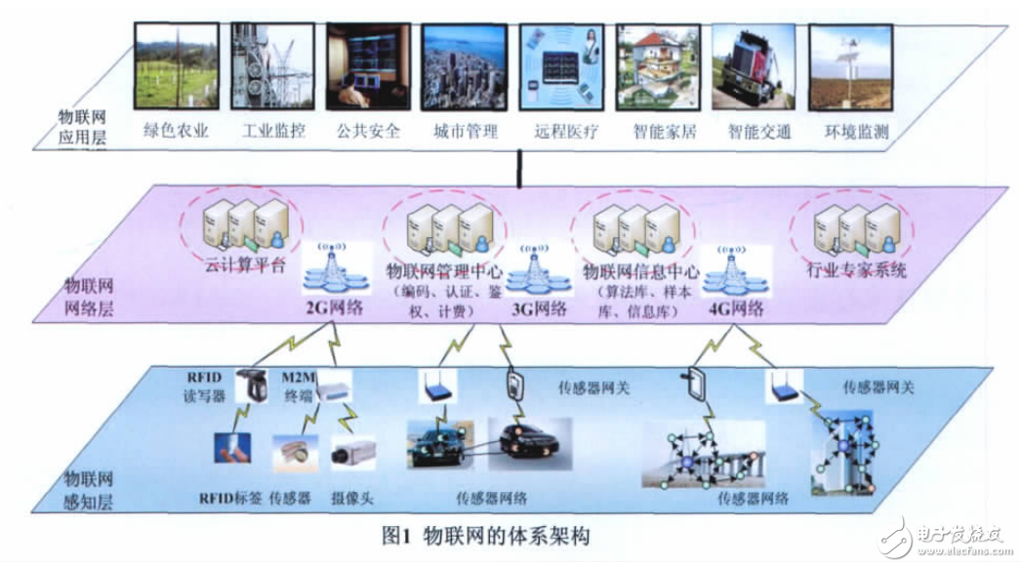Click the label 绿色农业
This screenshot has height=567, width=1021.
pyautogui.click(x=177, y=131)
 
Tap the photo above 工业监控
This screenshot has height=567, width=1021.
pyautogui.click(x=268, y=65)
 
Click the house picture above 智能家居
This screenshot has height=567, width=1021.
pyautogui.click(x=654, y=65)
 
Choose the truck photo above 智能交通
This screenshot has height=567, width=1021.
pyautogui.click(x=751, y=65)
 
